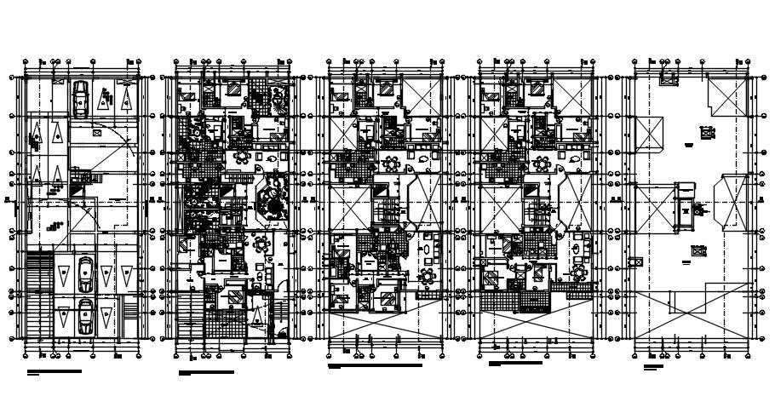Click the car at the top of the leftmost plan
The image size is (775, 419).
(79, 98)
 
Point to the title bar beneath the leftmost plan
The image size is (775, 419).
(55, 371)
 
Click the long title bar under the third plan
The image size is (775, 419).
(375, 366)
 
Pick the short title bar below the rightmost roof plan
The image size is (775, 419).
(653, 366)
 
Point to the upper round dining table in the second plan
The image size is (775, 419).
(243, 157)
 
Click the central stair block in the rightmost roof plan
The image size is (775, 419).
(684, 208)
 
